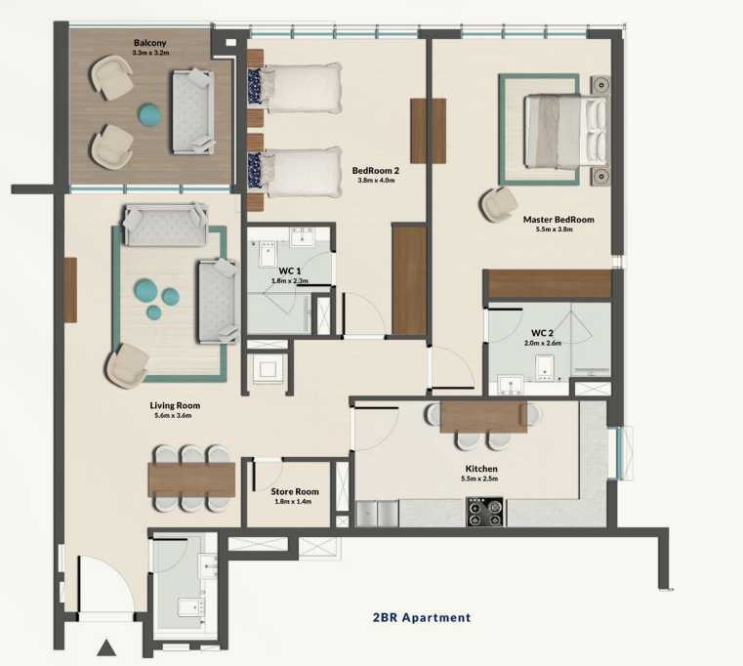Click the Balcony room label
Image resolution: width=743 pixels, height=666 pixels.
[x=151, y=43]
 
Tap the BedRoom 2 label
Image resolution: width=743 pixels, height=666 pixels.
[x=376, y=170]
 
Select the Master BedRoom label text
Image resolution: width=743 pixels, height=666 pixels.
[x=558, y=220]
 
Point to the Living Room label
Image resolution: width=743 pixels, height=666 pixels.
[x=175, y=405]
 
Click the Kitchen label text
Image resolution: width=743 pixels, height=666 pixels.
[x=481, y=469]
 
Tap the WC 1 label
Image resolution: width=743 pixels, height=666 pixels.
[x=289, y=271]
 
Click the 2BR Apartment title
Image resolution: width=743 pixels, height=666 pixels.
[x=422, y=617]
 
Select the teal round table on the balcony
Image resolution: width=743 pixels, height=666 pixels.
[x=149, y=115]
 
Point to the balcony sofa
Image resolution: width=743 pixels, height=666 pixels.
[x=193, y=112]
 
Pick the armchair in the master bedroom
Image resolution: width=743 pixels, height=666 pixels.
[x=500, y=204]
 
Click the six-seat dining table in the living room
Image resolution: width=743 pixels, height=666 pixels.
[x=191, y=479]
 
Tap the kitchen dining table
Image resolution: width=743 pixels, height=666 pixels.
[x=483, y=417]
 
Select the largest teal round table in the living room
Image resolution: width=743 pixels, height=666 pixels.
[x=146, y=289]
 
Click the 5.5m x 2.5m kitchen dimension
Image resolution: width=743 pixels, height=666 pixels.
[x=481, y=479]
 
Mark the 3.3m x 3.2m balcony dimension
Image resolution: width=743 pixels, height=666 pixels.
[x=151, y=53]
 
